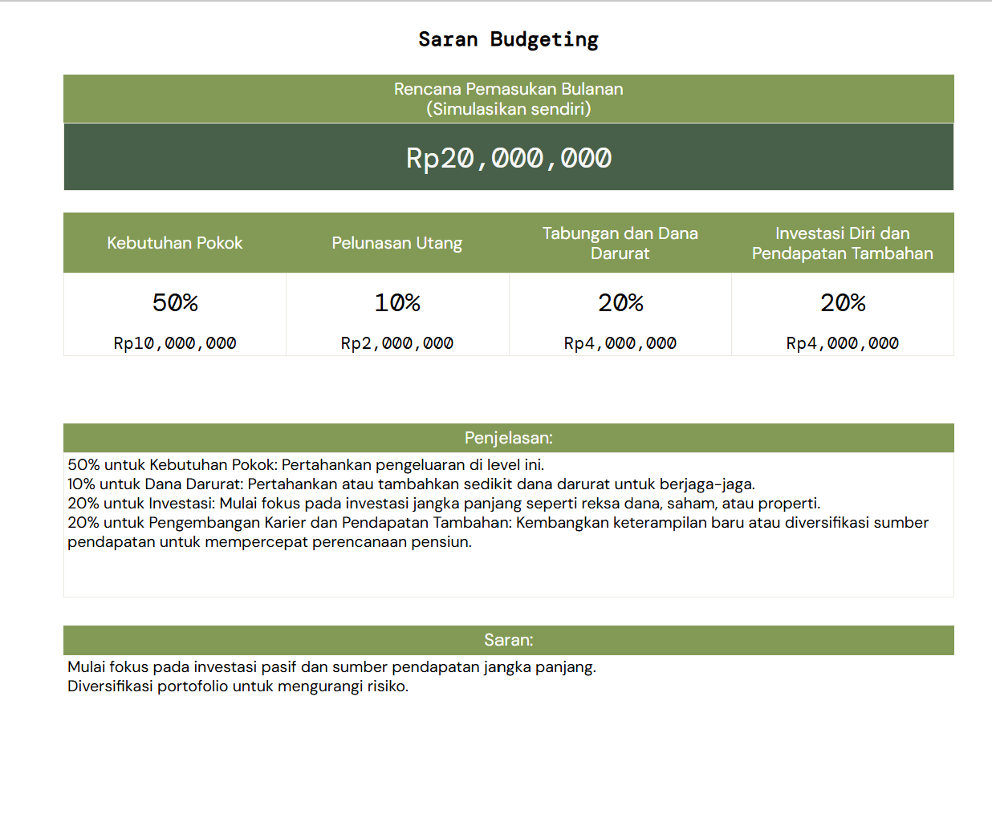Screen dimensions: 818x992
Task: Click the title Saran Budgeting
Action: click(x=508, y=39)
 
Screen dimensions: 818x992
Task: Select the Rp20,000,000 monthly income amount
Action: click(x=508, y=158)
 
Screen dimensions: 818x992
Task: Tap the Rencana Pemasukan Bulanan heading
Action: click(x=508, y=89)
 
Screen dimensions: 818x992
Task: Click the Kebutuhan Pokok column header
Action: click(x=175, y=243)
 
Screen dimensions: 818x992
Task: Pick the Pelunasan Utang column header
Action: click(x=397, y=243)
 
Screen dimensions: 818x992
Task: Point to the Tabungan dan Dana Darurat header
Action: click(x=620, y=243)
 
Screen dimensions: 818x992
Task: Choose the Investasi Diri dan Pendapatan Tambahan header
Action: click(x=842, y=243)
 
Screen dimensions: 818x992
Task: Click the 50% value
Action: click(x=175, y=302)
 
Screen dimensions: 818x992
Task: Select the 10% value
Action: click(x=397, y=302)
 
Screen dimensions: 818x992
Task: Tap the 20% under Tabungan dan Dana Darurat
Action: click(x=620, y=302)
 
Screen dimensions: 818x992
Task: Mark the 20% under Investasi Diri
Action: click(x=842, y=302)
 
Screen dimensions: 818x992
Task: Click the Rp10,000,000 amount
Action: click(x=175, y=343)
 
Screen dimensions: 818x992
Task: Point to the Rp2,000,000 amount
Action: click(x=397, y=343)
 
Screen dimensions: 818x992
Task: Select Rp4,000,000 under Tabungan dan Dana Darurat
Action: click(x=620, y=343)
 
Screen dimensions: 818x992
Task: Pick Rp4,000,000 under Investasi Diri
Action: click(x=842, y=343)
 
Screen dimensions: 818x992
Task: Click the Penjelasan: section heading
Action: click(x=508, y=438)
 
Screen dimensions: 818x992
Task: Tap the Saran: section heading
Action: click(x=508, y=640)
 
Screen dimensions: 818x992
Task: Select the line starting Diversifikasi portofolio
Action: click(x=238, y=686)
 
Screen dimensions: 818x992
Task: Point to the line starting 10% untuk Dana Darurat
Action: click(x=411, y=484)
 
